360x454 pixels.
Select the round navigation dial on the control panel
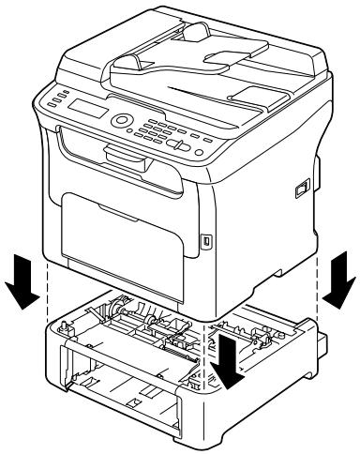click(x=122, y=123)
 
